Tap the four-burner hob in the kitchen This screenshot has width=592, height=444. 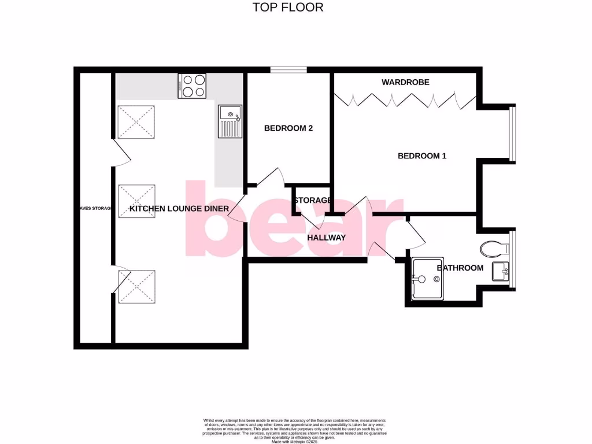point(193,86)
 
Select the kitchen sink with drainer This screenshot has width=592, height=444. point(230,121)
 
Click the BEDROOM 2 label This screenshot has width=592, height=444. point(288,128)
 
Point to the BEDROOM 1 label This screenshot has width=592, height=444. point(422,156)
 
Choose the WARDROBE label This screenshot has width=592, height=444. point(405,82)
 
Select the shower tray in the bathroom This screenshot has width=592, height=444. point(428,280)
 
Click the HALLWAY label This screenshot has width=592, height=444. point(326,238)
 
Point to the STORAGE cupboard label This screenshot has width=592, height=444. point(312,201)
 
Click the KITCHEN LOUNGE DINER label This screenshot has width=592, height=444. point(179,209)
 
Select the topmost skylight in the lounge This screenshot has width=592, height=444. point(136,122)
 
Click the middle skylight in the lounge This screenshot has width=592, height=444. point(136,201)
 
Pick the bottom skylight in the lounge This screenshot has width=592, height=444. point(136,287)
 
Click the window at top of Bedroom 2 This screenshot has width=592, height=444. point(288,70)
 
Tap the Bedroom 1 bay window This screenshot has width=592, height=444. point(511,134)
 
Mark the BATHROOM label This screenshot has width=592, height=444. point(460,268)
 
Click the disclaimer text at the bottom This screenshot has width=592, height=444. point(295,431)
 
